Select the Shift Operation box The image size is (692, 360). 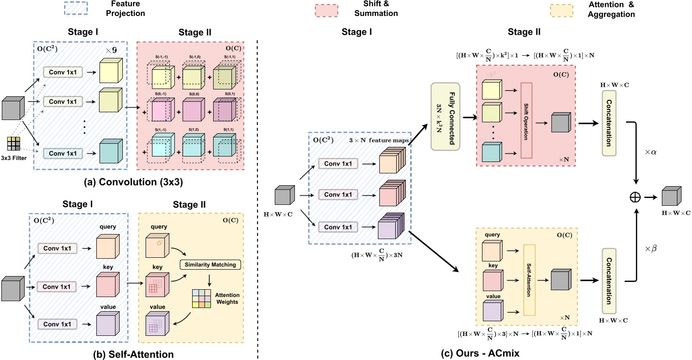526,120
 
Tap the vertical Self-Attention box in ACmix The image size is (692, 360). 529,280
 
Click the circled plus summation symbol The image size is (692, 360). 635,197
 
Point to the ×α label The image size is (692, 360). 650,152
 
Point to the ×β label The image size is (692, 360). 650,249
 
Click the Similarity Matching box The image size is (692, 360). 210,265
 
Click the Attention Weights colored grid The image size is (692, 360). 201,298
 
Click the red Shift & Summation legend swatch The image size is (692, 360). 326,10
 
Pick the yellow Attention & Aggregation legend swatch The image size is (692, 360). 562,10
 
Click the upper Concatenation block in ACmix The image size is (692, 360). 609,123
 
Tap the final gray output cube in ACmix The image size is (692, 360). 671,197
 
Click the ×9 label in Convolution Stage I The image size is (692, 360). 111,50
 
